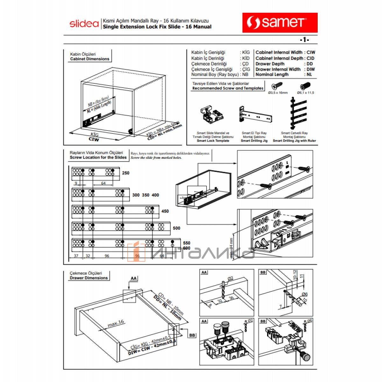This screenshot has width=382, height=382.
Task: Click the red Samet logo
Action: [280, 23]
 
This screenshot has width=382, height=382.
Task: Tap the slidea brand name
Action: [84, 24]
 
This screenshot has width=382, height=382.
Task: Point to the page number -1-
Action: [304, 40]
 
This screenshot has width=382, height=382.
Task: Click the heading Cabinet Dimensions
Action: [89, 59]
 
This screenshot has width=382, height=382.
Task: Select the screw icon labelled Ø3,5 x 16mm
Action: [277, 86]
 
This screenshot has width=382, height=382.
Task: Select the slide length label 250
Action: [126, 173]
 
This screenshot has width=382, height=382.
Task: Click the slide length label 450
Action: [165, 211]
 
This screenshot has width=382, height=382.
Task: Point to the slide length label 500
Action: [176, 228]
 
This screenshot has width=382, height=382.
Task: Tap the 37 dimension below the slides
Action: [76, 256]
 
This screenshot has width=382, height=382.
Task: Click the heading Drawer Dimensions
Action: [89, 278]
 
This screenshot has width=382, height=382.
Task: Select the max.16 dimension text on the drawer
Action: [116, 323]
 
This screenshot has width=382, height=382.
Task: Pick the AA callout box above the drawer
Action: [133, 279]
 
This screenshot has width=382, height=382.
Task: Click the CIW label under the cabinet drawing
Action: [94, 139]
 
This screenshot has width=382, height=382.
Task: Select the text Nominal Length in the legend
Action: [272, 74]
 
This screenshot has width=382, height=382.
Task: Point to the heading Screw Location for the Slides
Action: [98, 157]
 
